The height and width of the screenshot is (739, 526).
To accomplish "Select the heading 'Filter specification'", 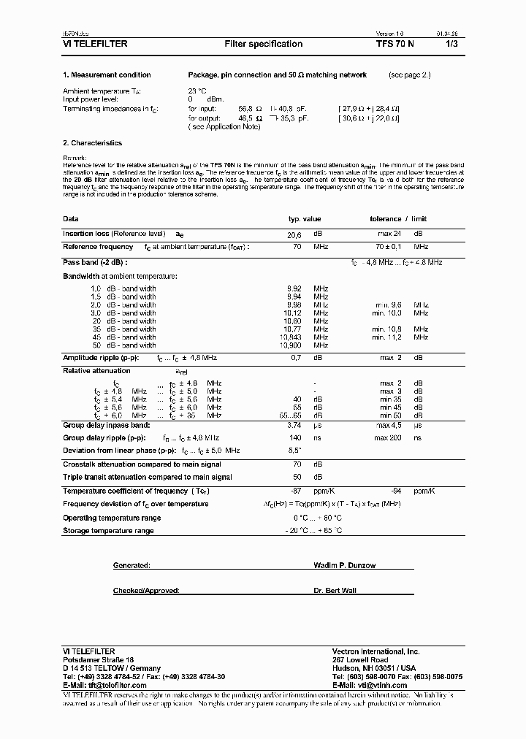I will pyautogui.click(x=263, y=44).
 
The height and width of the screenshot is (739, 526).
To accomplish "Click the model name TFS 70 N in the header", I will pyautogui.click(x=395, y=44).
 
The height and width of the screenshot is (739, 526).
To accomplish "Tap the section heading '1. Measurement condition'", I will pyautogui.click(x=107, y=75).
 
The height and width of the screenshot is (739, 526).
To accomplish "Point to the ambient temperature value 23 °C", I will pyautogui.click(x=197, y=91).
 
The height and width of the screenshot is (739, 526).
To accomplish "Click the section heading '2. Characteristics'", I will pyautogui.click(x=92, y=143).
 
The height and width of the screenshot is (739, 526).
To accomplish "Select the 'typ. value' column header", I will pyautogui.click(x=304, y=219).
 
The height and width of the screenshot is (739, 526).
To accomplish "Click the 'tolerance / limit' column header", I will pyautogui.click(x=398, y=219).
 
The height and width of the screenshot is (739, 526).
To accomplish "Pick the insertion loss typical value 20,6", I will pyautogui.click(x=294, y=234).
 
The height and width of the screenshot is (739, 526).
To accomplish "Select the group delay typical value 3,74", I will pyautogui.click(x=294, y=424).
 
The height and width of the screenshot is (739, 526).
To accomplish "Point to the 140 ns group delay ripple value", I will pyautogui.click(x=294, y=437).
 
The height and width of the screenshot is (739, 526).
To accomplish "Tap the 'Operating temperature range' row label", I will pyautogui.click(x=112, y=518).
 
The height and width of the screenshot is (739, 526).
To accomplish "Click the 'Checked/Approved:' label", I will pyautogui.click(x=146, y=590).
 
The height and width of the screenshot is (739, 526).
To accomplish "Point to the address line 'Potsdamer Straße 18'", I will pyautogui.click(x=99, y=659).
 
